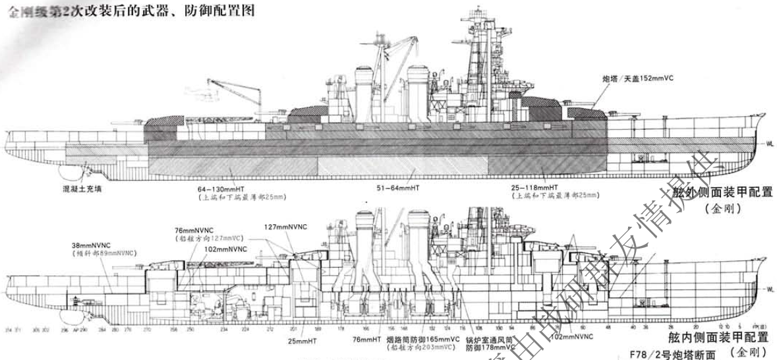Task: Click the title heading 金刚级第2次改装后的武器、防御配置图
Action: (x=129, y=11)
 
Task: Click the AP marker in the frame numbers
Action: (x=76, y=328)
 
